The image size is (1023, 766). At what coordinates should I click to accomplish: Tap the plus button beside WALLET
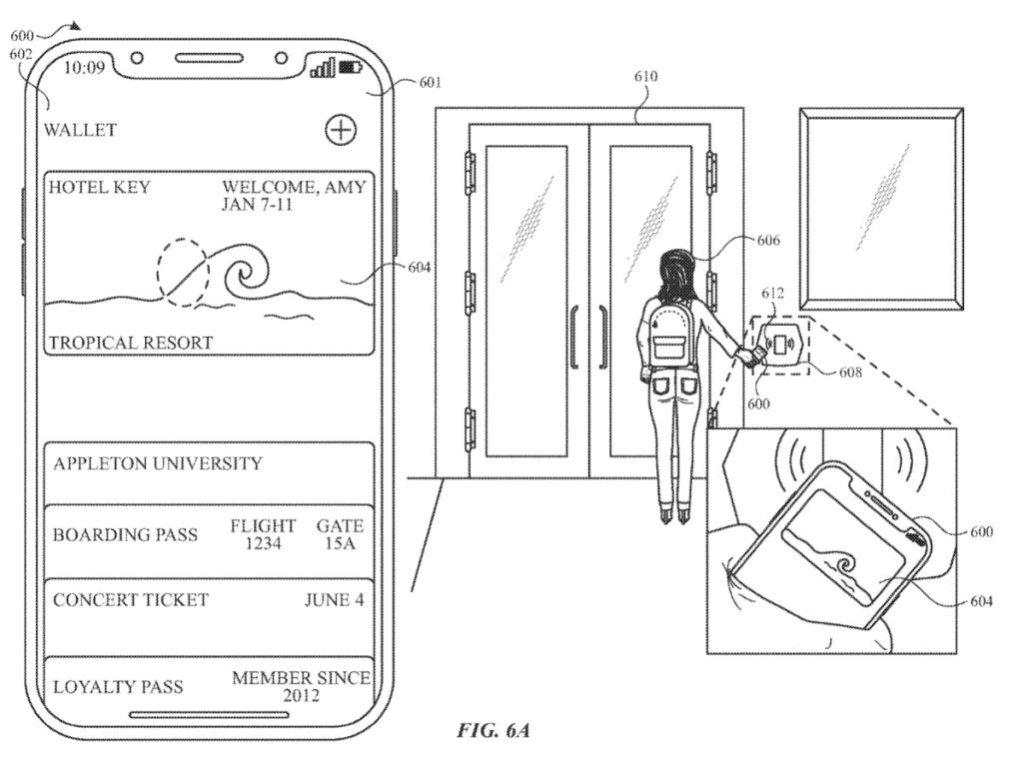click(342, 129)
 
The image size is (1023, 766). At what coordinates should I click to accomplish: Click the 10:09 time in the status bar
click(84, 69)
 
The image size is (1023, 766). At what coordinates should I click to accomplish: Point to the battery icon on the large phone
click(352, 68)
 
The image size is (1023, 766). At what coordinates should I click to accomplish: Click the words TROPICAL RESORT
click(131, 343)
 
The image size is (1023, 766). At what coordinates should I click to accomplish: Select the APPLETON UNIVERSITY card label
click(158, 463)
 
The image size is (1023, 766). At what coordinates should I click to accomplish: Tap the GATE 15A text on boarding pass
click(340, 534)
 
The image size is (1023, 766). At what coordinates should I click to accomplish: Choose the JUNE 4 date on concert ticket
click(334, 600)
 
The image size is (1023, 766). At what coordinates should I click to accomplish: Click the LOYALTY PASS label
click(118, 687)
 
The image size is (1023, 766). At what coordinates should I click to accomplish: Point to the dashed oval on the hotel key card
click(181, 270)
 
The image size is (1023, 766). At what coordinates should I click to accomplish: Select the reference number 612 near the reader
click(773, 294)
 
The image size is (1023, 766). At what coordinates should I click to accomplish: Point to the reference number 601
click(430, 83)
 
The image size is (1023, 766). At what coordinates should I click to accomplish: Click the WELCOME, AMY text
click(294, 187)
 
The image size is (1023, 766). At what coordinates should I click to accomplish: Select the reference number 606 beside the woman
click(768, 241)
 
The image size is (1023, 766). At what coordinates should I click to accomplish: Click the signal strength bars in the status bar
click(323, 68)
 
